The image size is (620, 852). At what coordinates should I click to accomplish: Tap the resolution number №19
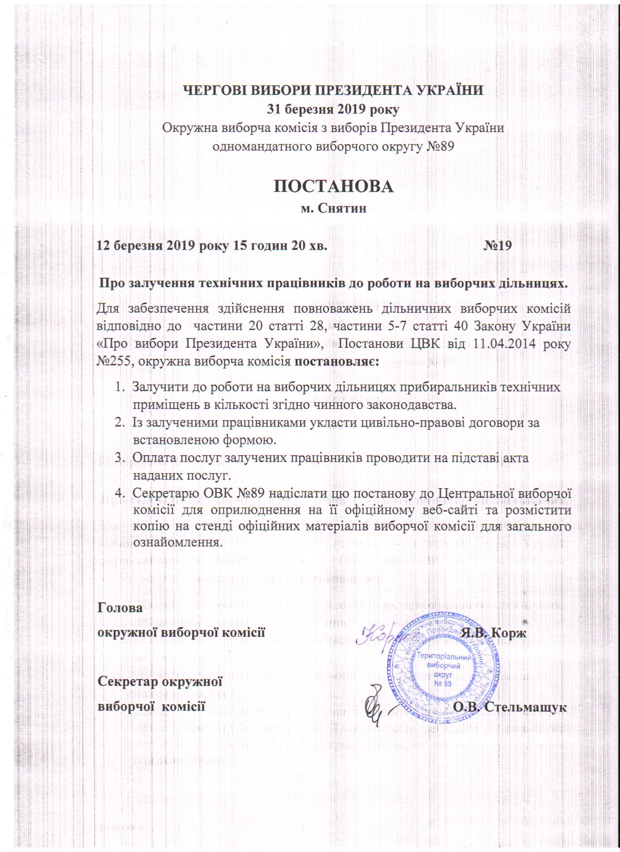497,246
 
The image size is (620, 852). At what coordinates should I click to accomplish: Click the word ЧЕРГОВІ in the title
212,91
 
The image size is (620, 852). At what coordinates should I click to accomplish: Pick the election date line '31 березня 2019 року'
334,110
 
